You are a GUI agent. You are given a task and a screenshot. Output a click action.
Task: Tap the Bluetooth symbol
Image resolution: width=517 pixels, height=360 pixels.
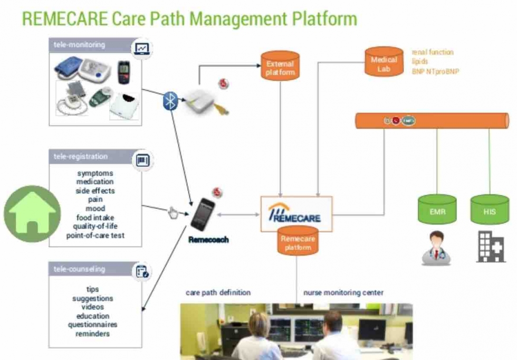(x=170, y=100)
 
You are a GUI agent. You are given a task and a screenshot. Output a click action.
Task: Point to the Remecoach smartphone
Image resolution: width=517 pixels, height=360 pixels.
(x=203, y=214)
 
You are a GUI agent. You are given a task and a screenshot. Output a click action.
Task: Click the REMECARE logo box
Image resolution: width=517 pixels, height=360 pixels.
(x=296, y=213)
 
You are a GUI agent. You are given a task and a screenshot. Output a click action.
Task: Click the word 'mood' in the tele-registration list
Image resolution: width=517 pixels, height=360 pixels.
(x=95, y=209)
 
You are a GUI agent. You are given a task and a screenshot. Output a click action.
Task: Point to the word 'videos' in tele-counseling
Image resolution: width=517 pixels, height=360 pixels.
(x=93, y=307)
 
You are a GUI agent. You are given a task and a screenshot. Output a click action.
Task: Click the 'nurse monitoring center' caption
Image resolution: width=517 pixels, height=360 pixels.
(x=343, y=292)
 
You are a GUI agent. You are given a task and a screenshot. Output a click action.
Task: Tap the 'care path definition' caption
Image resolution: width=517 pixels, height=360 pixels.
(x=218, y=292)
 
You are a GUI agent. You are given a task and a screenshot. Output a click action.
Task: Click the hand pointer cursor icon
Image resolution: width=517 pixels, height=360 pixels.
(x=173, y=212)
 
